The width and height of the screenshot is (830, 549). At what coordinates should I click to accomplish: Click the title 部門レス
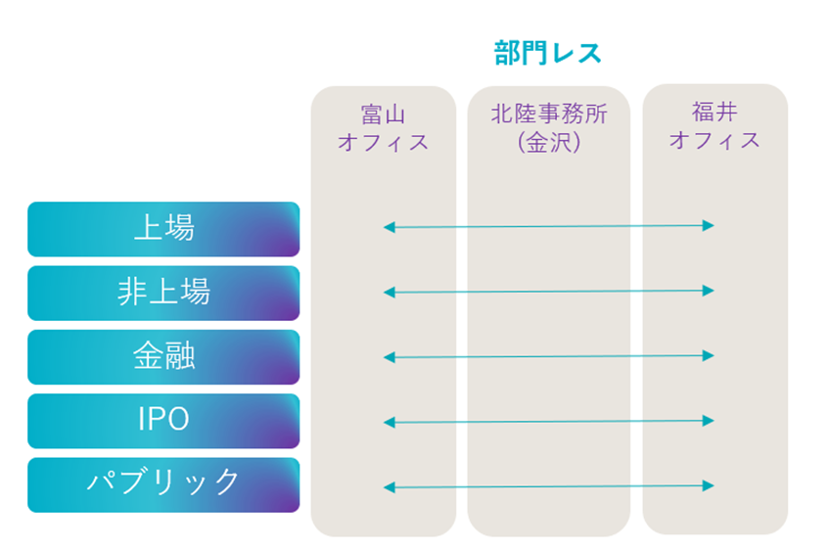tap(548, 53)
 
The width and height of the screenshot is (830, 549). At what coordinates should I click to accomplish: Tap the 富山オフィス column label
tap(384, 128)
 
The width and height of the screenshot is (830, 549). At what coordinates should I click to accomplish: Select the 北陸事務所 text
tap(549, 114)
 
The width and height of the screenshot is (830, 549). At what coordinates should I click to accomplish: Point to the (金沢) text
tap(549, 142)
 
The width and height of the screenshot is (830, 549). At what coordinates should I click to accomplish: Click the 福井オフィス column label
tap(715, 126)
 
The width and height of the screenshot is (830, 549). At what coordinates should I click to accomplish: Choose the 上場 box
tap(163, 229)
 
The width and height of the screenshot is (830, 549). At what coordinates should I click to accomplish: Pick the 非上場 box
tap(163, 294)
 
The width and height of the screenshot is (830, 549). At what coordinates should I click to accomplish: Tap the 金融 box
tap(163, 357)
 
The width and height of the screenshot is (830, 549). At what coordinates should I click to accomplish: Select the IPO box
tap(163, 421)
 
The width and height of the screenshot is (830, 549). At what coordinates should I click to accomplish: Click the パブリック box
tap(163, 485)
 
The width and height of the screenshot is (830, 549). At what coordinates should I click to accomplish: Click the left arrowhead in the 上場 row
tap(390, 227)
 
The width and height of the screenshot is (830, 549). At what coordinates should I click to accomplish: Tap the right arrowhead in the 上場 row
tap(709, 225)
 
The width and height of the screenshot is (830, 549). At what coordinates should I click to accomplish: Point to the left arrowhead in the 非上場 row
tap(390, 293)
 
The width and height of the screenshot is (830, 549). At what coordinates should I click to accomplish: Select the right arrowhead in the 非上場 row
tap(709, 291)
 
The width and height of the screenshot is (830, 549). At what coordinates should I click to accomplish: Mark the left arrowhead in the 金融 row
tap(390, 357)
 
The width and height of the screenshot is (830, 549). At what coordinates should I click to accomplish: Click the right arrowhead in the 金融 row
tap(709, 356)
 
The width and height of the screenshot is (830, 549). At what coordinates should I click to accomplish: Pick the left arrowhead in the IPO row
tap(390, 422)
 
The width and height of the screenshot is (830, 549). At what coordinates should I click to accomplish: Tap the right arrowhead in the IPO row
tap(709, 421)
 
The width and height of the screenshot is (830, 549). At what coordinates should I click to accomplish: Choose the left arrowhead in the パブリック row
tap(390, 487)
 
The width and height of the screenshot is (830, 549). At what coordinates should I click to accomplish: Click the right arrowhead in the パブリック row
tap(709, 485)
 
